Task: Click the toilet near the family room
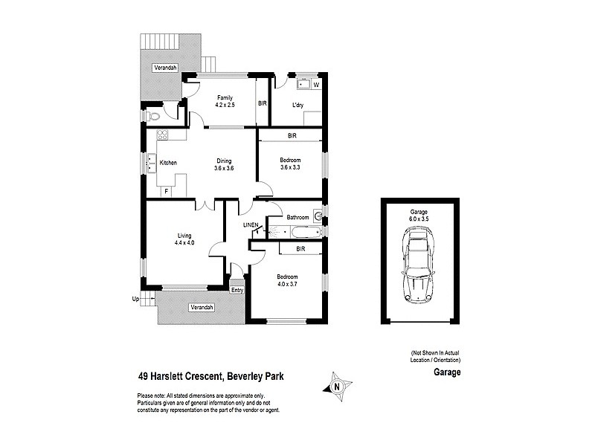154,117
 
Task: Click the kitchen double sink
151,162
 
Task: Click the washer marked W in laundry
315,85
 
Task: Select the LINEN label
251,225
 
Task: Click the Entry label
237,291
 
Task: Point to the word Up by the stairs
135,300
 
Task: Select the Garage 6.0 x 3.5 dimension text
419,216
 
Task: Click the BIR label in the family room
262,103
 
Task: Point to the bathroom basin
318,217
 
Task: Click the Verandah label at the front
202,307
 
